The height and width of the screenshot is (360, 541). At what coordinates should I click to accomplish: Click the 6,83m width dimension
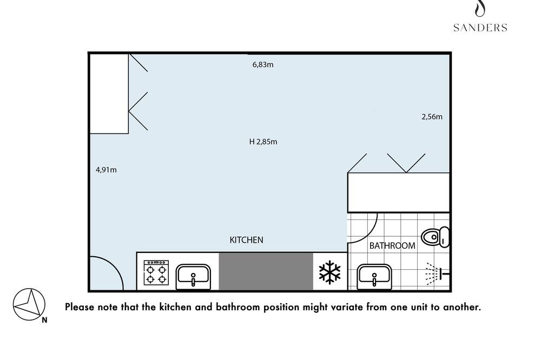263,64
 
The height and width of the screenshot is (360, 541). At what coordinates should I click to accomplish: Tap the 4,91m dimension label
106,170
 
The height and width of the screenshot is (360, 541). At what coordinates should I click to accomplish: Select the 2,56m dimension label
432,117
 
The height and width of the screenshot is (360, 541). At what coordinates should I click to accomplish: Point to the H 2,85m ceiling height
263,142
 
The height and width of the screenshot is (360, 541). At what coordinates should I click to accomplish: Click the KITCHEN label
246,240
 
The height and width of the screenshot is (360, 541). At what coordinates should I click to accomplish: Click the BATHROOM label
392,245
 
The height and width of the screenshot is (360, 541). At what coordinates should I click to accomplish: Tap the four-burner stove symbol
156,273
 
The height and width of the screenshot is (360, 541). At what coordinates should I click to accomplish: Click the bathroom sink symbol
374,277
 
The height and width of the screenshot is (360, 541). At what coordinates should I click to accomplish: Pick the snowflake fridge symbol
329,272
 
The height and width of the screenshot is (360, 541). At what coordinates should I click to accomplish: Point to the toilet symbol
436,237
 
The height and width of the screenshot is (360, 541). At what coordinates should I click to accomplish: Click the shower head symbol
437,274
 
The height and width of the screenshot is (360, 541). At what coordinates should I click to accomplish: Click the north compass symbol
29,304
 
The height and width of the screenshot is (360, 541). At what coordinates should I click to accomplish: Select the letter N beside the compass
44,320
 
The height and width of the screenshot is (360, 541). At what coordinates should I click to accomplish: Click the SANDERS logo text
480,28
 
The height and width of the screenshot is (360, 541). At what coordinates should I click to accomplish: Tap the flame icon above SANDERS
480,9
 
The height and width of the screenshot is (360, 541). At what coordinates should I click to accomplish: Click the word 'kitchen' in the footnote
175,307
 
